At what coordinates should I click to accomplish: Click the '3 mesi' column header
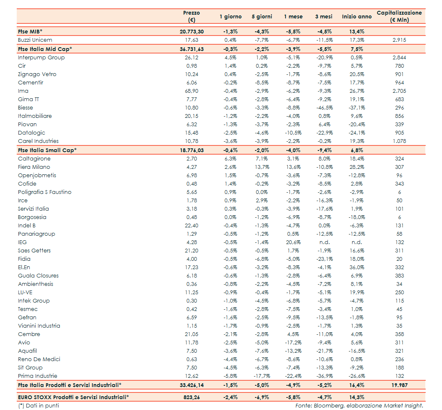[x=324, y=17]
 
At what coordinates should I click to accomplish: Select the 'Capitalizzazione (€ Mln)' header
[x=399, y=16]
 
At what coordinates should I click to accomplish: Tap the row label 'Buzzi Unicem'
[x=35, y=40]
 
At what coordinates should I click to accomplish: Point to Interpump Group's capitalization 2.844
[x=399, y=58]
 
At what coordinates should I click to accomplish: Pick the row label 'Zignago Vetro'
[x=37, y=74]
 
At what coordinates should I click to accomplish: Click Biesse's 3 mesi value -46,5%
[x=324, y=108]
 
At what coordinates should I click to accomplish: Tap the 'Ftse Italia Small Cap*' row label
[x=47, y=150]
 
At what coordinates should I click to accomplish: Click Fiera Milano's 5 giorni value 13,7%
[x=262, y=167]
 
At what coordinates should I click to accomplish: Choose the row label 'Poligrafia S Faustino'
[x=45, y=192]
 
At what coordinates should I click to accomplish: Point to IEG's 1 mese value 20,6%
[x=293, y=242]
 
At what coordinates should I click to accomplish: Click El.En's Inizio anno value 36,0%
[x=356, y=267]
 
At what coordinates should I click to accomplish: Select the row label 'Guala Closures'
[x=38, y=276]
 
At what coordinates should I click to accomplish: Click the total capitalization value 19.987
[x=399, y=385]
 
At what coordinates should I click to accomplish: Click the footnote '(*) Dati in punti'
[x=38, y=405]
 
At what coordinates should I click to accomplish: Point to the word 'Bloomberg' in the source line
[x=326, y=405]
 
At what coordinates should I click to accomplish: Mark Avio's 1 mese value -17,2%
[x=293, y=343]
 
